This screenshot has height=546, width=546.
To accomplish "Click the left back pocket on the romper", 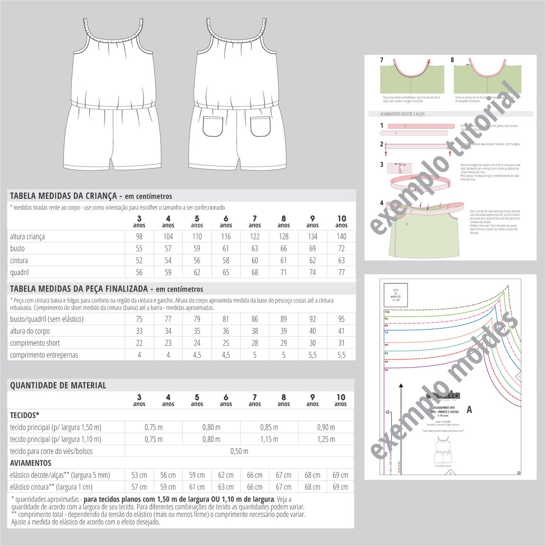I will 213,126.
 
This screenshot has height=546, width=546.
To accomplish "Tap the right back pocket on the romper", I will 260,126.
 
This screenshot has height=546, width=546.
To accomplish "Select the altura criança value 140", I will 341,237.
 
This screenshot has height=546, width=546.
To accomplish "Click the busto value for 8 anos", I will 283,249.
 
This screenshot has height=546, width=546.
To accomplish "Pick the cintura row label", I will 19,261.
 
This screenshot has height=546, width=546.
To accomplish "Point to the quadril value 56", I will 139,272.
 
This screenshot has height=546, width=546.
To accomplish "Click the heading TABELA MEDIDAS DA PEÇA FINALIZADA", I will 79,289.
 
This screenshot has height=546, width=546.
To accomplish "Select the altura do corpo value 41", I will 341,331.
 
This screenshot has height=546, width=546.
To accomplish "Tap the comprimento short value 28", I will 255,343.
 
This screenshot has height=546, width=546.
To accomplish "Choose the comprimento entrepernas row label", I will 44,355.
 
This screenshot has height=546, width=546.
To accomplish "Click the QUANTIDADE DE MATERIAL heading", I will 58,385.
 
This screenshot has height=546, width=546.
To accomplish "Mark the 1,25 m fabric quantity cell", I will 326,439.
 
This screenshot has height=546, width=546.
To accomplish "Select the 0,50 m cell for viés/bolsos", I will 239,451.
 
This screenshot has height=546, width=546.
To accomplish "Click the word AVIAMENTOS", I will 31,463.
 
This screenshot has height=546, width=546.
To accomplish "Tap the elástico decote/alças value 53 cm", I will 139,475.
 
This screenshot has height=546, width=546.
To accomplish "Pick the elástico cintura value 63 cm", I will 226,487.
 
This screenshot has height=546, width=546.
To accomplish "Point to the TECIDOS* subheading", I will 25,415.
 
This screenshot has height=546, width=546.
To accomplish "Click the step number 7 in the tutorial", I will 382,60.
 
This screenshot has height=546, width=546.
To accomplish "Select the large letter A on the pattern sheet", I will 469,410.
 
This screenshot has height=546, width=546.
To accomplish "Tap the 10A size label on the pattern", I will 387,312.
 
